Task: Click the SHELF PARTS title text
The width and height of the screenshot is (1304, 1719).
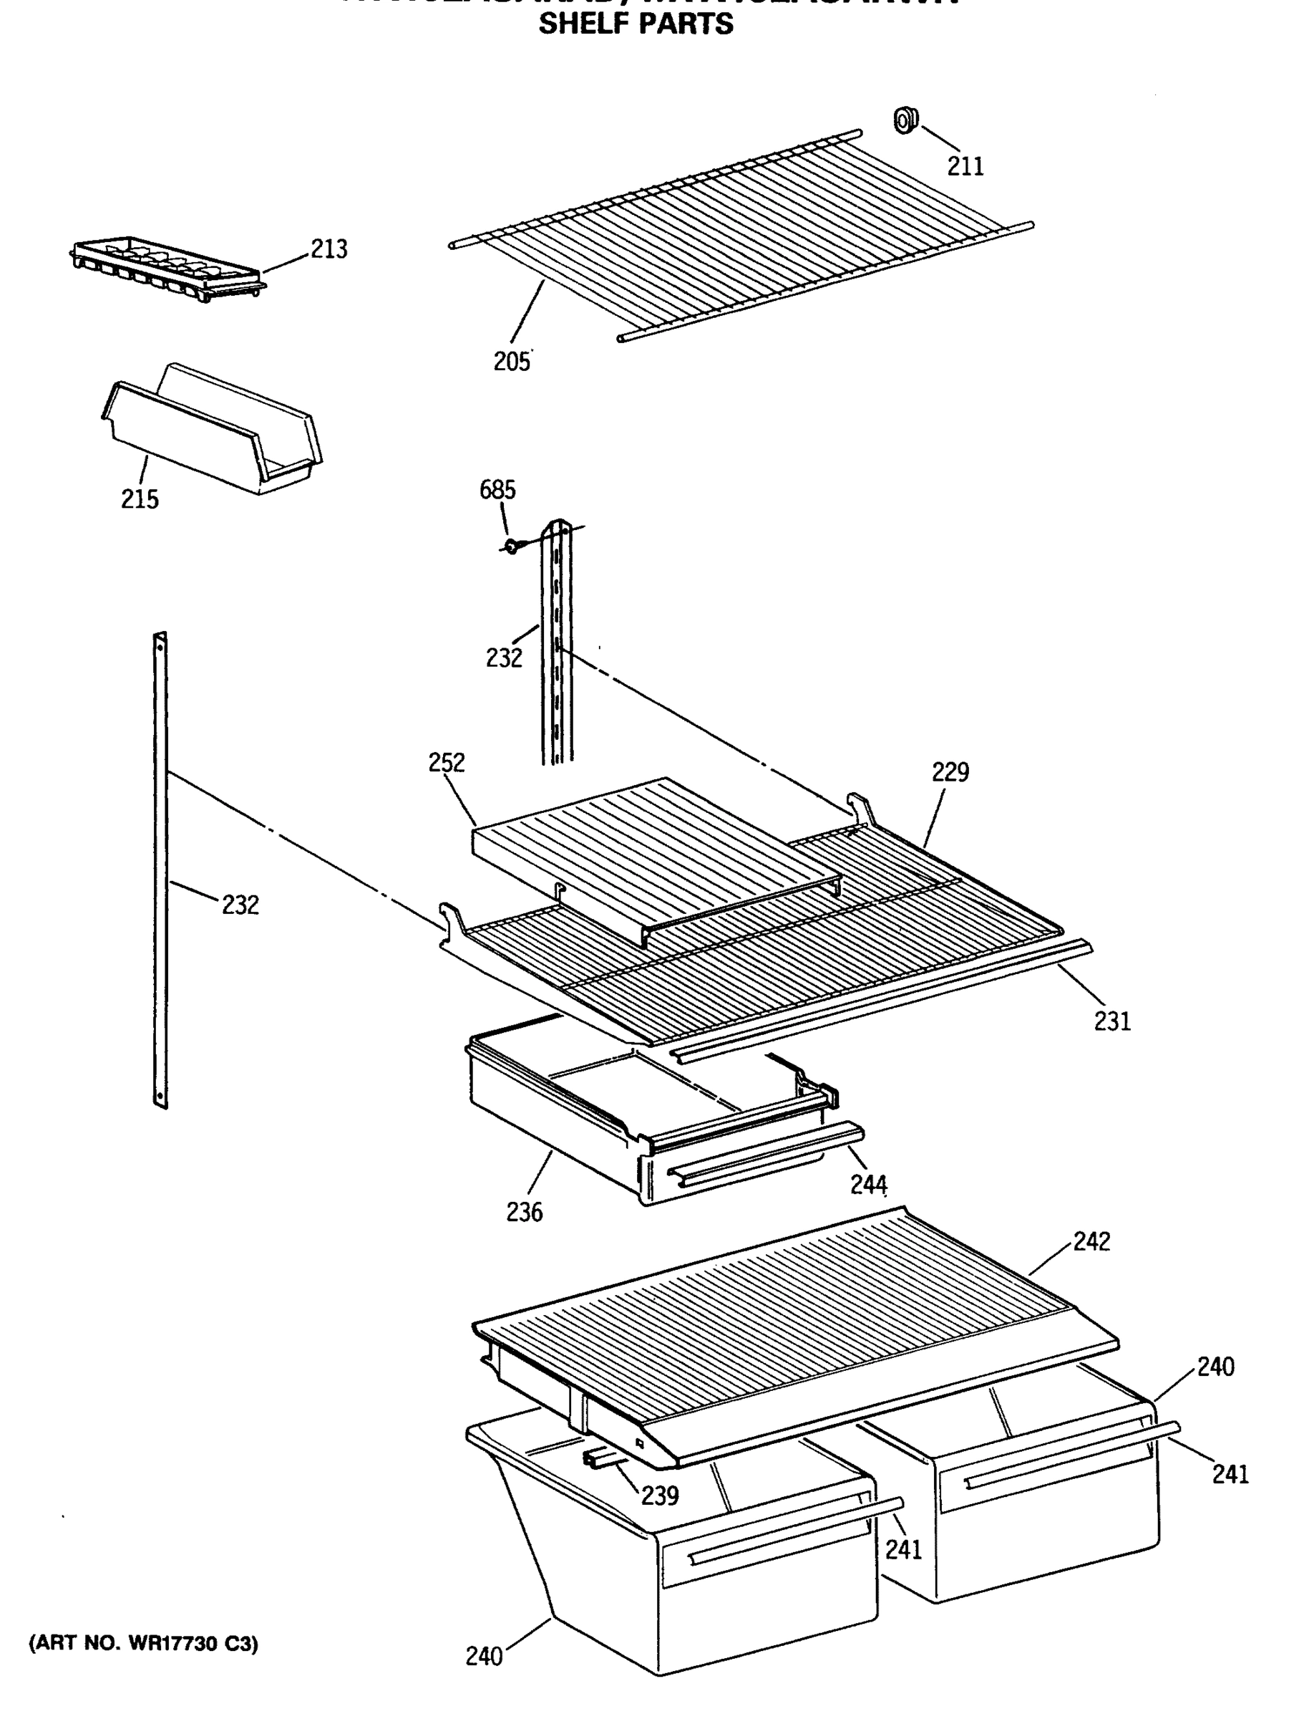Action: (x=636, y=24)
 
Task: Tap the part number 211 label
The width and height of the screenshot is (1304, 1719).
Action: (x=965, y=166)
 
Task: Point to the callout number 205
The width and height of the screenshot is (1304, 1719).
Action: (x=511, y=362)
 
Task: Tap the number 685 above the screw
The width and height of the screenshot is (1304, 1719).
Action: (x=497, y=490)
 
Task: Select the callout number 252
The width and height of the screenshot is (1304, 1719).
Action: (x=447, y=762)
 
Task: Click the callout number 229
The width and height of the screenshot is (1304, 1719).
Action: (x=950, y=771)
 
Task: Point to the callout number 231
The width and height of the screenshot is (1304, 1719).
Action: (x=1112, y=1021)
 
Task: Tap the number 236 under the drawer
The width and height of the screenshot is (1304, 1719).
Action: (x=524, y=1213)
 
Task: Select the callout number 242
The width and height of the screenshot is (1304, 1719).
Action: (x=1091, y=1241)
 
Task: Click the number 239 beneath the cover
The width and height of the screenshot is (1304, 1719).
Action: (x=660, y=1496)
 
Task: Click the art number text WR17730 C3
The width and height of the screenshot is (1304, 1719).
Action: (x=143, y=1644)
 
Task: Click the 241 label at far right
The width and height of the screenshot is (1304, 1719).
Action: (x=1230, y=1474)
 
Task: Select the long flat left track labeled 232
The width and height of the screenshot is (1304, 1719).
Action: (x=160, y=870)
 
